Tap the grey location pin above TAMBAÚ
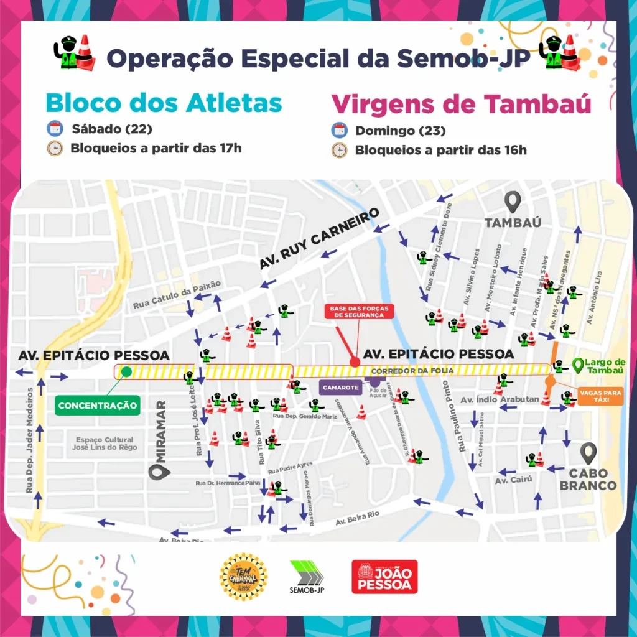coord(513,202)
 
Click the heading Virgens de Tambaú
coord(461,104)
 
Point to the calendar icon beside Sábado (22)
coord(55,129)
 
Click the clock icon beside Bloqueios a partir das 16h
coord(339,150)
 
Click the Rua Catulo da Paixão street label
coord(177,295)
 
